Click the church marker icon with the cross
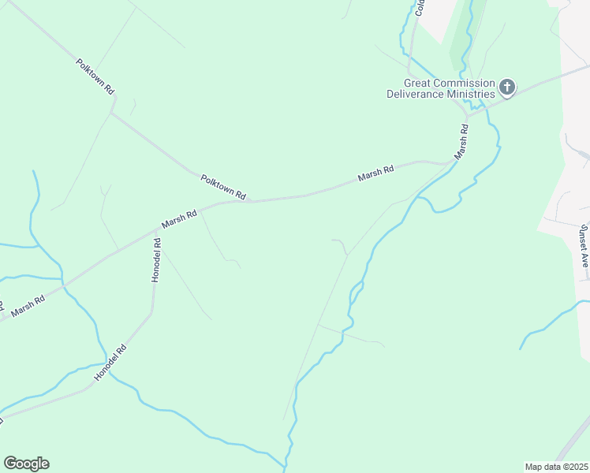coord(507,87)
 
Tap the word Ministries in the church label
coord(468,95)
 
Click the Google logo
coord(26,464)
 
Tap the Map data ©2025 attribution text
coord(556,467)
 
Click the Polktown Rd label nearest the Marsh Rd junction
coord(223,187)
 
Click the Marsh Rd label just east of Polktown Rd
coord(375,173)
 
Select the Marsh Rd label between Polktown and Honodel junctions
coord(179,218)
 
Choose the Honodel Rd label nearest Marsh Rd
coord(157,261)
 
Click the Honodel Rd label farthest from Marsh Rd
coord(110,363)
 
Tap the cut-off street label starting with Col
coord(420,8)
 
